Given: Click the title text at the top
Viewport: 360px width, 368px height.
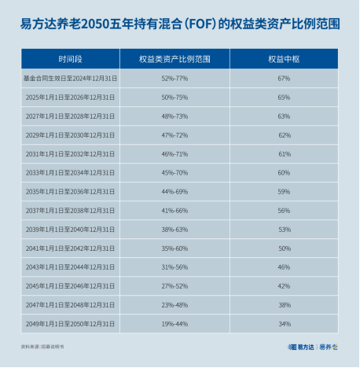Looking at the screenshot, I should pyautogui.click(x=180, y=24).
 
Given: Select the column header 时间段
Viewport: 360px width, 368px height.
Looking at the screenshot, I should pyautogui.click(x=69, y=59).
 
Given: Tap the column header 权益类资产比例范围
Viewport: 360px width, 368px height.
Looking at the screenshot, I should pyautogui.click(x=174, y=59).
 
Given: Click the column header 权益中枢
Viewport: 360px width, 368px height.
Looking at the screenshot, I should pyautogui.click(x=284, y=59).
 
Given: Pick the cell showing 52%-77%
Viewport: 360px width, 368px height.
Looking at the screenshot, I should pyautogui.click(x=174, y=79).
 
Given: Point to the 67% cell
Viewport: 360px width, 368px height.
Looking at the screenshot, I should pyautogui.click(x=284, y=79).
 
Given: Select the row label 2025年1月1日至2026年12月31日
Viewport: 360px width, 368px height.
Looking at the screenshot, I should pyautogui.click(x=69, y=98).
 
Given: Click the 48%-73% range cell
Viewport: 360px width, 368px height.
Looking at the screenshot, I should pyautogui.click(x=174, y=116).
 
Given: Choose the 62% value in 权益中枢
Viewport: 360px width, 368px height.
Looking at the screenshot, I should pyautogui.click(x=284, y=135).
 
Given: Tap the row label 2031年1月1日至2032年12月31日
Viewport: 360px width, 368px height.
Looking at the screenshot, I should pyautogui.click(x=69, y=154).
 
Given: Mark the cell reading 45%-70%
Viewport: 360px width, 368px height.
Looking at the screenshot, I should pyautogui.click(x=174, y=173).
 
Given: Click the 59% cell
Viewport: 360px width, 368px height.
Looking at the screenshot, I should pyautogui.click(x=284, y=192).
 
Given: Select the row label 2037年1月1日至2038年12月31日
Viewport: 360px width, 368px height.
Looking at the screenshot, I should pyautogui.click(x=69, y=211).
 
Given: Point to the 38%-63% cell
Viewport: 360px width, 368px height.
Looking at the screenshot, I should pyautogui.click(x=174, y=230).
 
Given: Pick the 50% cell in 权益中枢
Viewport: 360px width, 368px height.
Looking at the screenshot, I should pyautogui.click(x=284, y=248).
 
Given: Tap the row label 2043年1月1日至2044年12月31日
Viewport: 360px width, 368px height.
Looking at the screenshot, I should pyautogui.click(x=69, y=267).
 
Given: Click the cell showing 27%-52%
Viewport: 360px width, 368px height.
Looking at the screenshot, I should pyautogui.click(x=174, y=286).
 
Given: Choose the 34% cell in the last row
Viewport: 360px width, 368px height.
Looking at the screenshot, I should pyautogui.click(x=284, y=324).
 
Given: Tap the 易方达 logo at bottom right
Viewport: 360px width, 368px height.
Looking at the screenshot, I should pyautogui.click(x=301, y=347).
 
